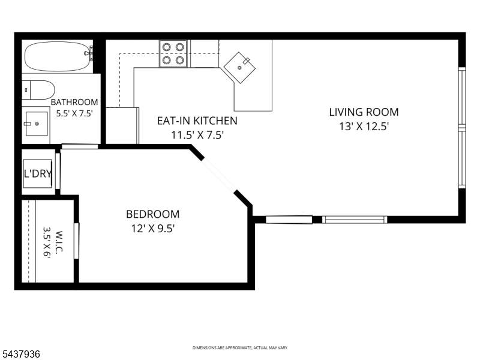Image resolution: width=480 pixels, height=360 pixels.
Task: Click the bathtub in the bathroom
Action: pyautogui.click(x=58, y=56)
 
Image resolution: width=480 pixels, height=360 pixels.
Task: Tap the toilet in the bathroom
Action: pyautogui.click(x=38, y=90)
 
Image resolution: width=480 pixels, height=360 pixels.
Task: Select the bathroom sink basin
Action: pyautogui.click(x=37, y=124)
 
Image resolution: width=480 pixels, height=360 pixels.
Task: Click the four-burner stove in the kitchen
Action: pyautogui.click(x=173, y=53)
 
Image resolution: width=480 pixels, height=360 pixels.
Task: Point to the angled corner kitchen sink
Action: pyautogui.click(x=239, y=68)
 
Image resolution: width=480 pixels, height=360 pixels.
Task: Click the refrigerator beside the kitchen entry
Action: pyautogui.click(x=122, y=125)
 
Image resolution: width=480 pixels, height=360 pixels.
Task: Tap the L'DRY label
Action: pyautogui.click(x=38, y=173)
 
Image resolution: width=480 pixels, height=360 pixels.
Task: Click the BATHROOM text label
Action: pyautogui.click(x=74, y=102)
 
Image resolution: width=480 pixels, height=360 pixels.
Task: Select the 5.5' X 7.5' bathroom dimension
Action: pyautogui.click(x=74, y=113)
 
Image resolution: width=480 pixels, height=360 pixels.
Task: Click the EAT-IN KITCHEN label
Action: pyautogui.click(x=197, y=121)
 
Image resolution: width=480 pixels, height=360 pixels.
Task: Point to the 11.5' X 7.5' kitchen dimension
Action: pyautogui.click(x=197, y=134)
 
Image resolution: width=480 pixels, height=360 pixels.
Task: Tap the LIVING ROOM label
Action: pyautogui.click(x=364, y=112)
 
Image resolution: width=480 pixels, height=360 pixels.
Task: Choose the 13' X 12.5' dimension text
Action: pyautogui.click(x=364, y=126)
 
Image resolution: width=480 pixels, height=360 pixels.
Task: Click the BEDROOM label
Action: pyautogui.click(x=153, y=214)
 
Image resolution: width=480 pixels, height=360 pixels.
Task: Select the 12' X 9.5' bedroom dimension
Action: pyautogui.click(x=153, y=229)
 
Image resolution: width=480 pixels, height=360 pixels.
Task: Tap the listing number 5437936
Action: pyautogui.click(x=20, y=354)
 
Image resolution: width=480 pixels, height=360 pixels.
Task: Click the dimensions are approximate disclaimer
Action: pyautogui.click(x=239, y=348)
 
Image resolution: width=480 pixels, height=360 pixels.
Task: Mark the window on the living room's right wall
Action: pyautogui.click(x=462, y=127)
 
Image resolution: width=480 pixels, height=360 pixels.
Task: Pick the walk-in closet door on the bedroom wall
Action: pyautogui.click(x=77, y=241)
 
